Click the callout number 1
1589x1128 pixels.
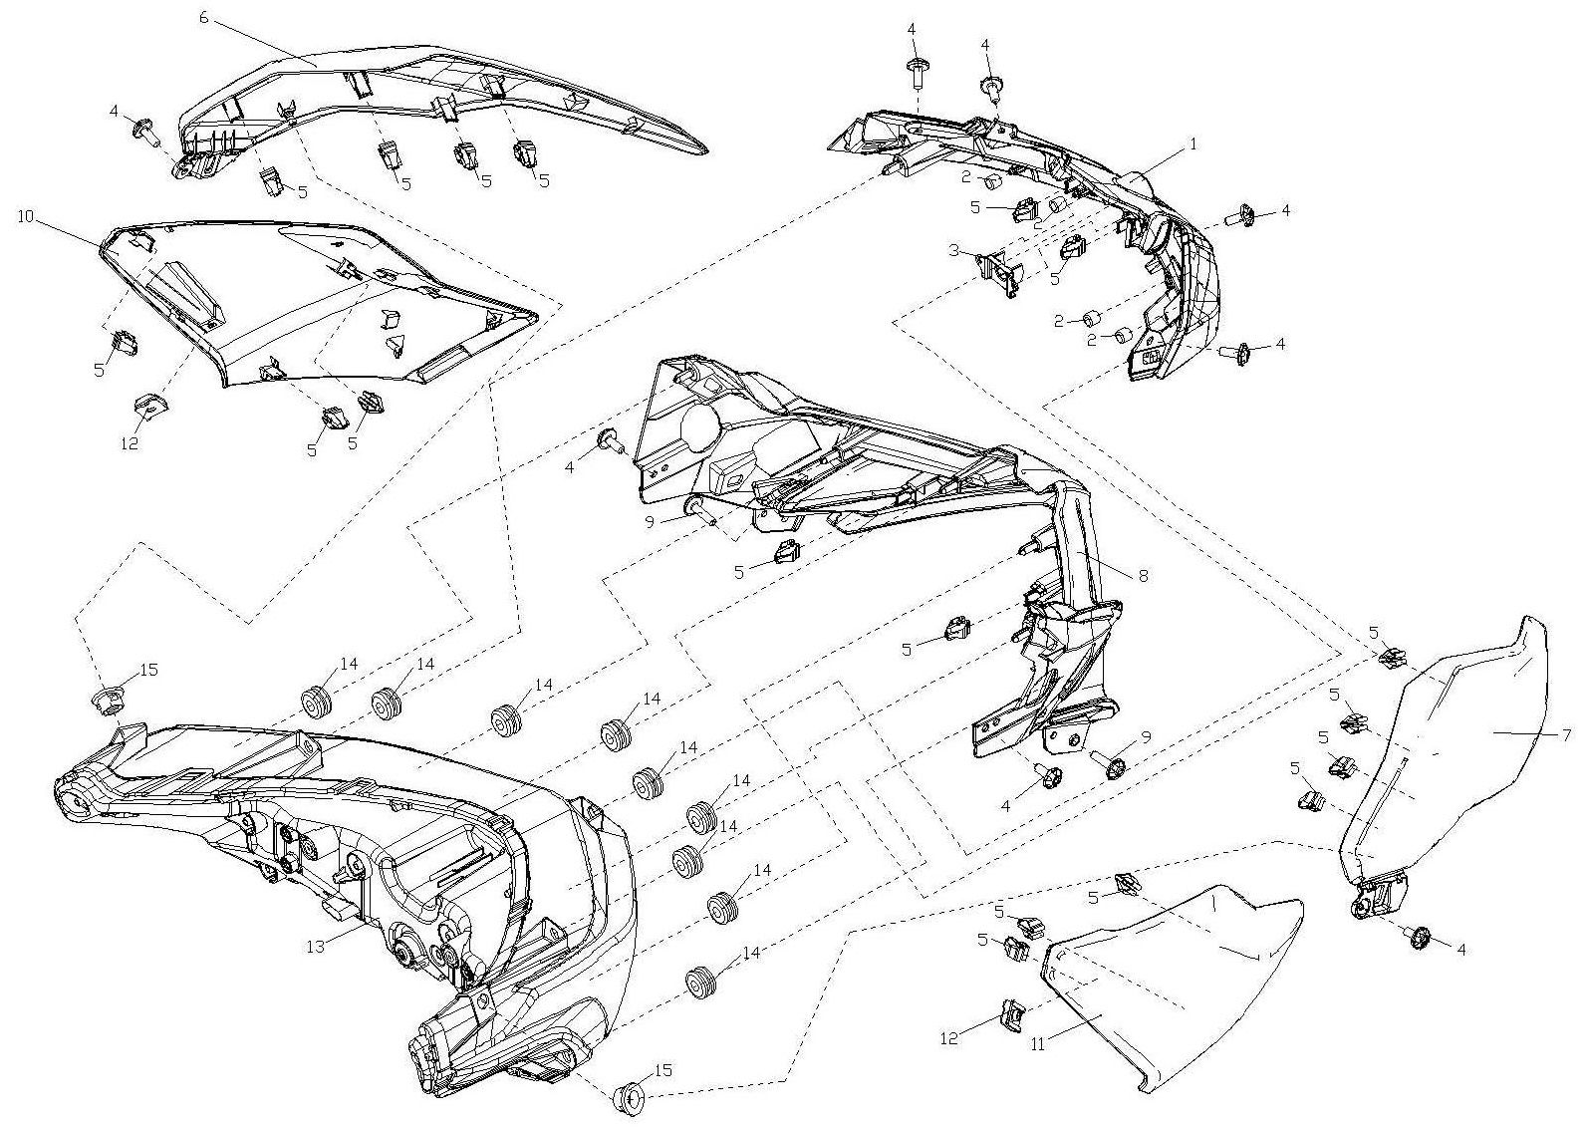tap(1193, 144)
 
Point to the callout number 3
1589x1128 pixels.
tap(954, 250)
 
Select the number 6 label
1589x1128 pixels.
tap(204, 17)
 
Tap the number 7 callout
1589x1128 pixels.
tap(1566, 735)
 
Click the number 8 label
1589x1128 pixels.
tap(1143, 576)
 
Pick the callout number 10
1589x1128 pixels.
tap(26, 216)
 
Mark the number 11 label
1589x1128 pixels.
tap(1038, 1044)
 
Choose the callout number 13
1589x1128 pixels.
tap(316, 947)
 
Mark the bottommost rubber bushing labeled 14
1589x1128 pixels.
tap(700, 982)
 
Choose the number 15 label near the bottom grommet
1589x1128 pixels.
tap(662, 1070)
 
